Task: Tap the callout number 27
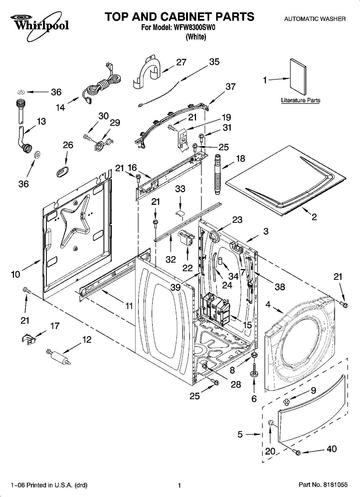[x=181, y=62]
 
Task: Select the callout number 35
[x=214, y=62]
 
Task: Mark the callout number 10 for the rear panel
[x=16, y=274]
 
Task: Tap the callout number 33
[x=180, y=189]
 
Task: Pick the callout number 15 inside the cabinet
[x=247, y=325]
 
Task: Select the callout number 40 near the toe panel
[x=332, y=449]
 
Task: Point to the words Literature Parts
[x=301, y=100]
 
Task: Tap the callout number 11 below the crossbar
[x=129, y=306]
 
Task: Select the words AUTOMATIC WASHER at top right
[x=315, y=19]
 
